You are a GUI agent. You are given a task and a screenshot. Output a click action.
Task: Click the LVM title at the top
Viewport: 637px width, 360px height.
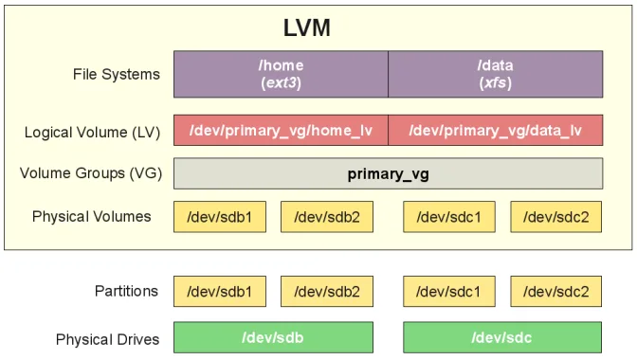click(306, 27)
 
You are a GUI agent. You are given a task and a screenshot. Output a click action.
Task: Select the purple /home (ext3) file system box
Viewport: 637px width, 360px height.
click(281, 74)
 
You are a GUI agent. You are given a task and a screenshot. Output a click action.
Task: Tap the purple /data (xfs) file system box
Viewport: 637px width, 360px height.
click(495, 74)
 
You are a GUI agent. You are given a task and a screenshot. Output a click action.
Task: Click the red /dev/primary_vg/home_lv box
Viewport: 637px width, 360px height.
click(281, 130)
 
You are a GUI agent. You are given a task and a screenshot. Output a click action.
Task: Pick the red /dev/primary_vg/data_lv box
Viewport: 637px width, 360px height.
click(495, 130)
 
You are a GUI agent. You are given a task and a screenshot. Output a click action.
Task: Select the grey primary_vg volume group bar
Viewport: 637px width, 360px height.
click(388, 173)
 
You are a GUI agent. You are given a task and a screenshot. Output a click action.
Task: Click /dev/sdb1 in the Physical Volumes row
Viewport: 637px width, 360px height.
click(220, 217)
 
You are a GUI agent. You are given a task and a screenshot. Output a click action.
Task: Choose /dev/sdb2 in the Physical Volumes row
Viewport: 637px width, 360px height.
click(327, 217)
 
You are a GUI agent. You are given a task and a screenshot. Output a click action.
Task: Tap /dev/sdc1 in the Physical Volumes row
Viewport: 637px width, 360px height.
click(449, 217)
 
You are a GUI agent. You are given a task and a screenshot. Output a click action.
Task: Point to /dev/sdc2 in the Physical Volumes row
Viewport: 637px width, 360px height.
click(555, 217)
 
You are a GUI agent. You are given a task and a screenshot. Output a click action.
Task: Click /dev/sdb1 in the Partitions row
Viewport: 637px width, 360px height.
click(220, 291)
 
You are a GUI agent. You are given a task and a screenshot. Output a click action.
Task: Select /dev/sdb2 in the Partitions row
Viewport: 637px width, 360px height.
click(327, 291)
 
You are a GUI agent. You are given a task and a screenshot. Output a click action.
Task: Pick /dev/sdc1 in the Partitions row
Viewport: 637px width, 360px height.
click(449, 291)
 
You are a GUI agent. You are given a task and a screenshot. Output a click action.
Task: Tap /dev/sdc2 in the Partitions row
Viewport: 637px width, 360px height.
click(555, 291)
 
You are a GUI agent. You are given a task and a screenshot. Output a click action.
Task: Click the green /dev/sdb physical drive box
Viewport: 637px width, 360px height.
click(273, 336)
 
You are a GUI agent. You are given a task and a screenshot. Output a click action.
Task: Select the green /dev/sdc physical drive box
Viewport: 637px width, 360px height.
click(502, 336)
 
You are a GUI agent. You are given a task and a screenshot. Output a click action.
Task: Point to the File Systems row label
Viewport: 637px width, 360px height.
click(117, 74)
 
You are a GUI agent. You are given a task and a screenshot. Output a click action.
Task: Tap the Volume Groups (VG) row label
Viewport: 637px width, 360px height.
click(91, 173)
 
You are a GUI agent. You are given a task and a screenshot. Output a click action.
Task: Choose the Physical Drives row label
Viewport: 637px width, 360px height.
click(107, 338)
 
